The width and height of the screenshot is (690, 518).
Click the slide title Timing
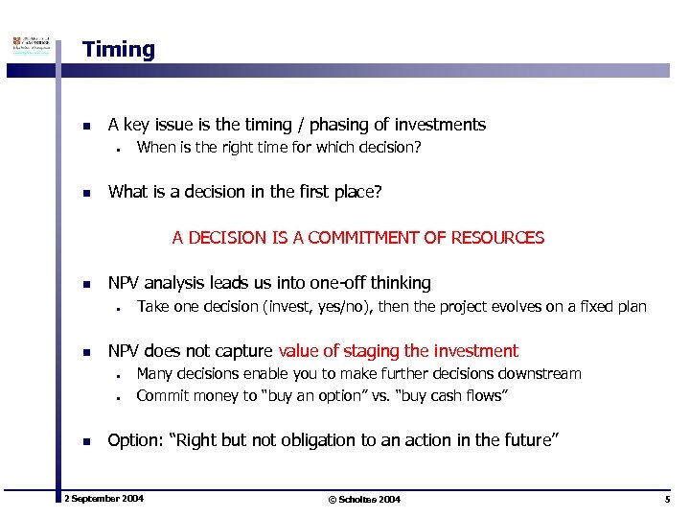118,50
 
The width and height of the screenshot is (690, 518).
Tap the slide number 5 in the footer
666,499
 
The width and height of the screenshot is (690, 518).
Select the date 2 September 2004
103,499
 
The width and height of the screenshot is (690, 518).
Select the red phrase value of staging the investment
398,351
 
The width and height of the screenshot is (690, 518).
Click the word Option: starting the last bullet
135,440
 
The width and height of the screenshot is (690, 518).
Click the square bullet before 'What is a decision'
86,193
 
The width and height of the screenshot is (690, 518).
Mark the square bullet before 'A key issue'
86,126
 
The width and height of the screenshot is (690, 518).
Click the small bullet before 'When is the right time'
114,149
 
